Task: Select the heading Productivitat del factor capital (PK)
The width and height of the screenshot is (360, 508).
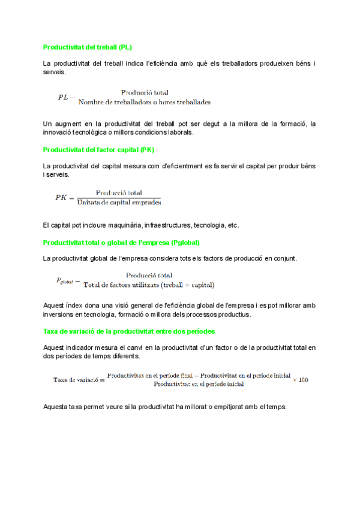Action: (99, 149)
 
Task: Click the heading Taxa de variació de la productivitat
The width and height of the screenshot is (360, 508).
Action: (129, 331)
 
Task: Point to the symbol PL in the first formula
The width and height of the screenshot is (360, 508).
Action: (63, 97)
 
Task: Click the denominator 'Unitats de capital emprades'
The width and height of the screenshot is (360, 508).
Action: (119, 202)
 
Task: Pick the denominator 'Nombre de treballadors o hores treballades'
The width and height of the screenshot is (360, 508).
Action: (145, 102)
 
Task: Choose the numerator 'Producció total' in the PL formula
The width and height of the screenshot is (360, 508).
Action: (145, 92)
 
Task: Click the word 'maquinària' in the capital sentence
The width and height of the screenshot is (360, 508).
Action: (122, 226)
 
